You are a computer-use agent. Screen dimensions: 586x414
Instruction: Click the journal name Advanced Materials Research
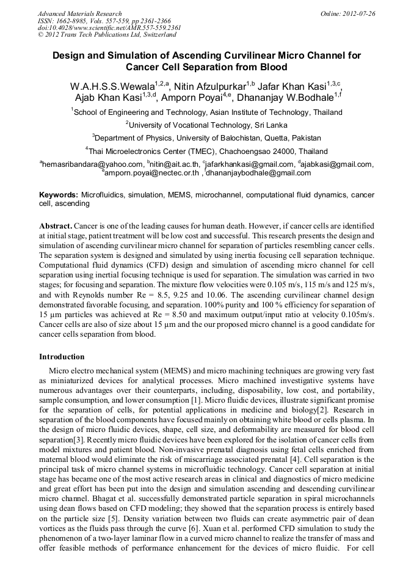79,13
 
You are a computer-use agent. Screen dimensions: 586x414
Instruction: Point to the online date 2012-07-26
359,13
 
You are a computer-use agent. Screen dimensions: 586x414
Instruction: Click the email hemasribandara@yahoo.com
92,164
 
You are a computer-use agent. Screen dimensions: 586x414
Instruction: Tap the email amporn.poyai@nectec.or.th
152,173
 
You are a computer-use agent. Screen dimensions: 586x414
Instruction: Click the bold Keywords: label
59,194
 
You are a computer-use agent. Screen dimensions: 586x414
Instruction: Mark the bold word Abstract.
56,225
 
